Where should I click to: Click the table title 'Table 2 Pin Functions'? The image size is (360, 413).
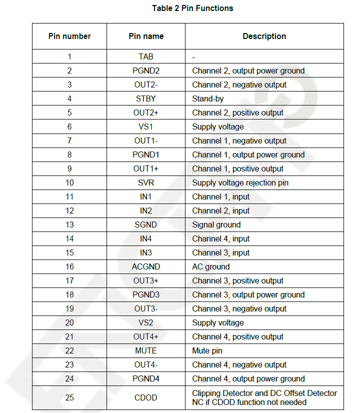pos(192,8)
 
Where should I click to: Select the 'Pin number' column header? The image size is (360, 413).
pos(69,36)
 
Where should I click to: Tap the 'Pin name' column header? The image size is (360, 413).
pos(146,36)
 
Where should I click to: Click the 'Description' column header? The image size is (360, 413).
pos(264,36)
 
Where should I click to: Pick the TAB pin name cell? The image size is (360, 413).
pos(146,57)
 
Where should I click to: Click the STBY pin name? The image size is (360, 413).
pos(146,99)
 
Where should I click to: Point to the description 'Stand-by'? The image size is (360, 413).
pos(208,99)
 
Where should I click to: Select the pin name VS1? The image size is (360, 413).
pos(146,127)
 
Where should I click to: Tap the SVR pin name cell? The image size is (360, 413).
pos(146,183)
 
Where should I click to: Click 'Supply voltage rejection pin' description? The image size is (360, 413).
pos(240,183)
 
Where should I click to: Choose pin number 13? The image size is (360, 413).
pos(69,225)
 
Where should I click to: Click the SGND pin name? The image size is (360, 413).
pos(146,225)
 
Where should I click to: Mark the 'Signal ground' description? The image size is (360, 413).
pos(216,225)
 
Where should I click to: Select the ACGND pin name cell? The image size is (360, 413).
pos(146,267)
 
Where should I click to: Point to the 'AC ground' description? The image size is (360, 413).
pos(211,267)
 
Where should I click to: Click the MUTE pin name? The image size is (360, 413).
pos(146,351)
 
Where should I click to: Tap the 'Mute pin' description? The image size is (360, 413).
pos(207,351)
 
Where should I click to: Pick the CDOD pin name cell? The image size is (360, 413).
pos(146,397)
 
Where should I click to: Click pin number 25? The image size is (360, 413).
pos(69,397)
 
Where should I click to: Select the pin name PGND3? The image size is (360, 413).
pos(146,295)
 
